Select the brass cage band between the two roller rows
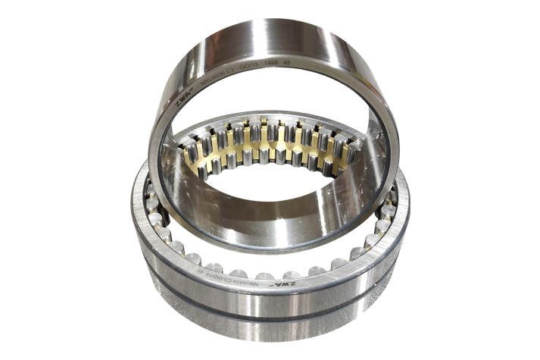265,148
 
